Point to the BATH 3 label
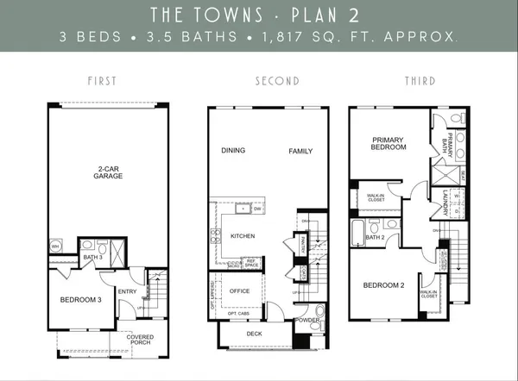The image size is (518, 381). click(x=93, y=258)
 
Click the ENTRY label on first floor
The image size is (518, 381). click(x=126, y=290)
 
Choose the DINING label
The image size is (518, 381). click(x=232, y=150)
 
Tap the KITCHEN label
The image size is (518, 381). click(x=241, y=234)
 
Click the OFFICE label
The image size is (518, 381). click(x=239, y=290)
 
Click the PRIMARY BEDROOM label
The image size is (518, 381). click(x=388, y=143)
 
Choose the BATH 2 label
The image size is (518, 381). click(x=375, y=237)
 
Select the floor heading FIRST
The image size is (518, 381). click(x=102, y=81)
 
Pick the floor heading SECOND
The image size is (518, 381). click(x=276, y=81)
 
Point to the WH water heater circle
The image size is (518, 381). click(x=55, y=245)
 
